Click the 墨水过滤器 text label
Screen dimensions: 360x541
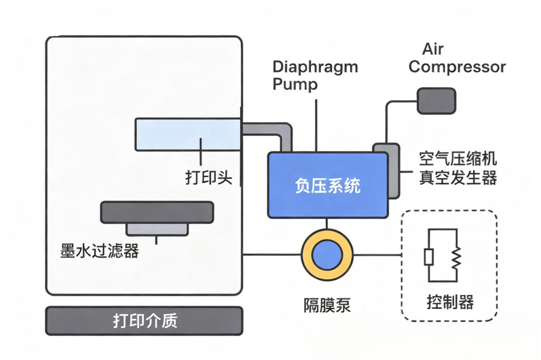point(100,251)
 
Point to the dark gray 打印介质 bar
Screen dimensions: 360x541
point(144,321)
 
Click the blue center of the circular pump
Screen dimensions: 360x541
point(327,255)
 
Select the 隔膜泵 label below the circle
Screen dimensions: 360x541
point(327,305)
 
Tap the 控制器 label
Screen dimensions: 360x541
point(450,302)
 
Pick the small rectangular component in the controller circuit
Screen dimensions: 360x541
point(428,257)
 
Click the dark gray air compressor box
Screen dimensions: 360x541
point(436,101)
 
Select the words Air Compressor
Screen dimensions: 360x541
point(457,59)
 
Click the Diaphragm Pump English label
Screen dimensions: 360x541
point(315,75)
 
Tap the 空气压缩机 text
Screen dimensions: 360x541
point(458,159)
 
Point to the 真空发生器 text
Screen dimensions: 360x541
point(458,178)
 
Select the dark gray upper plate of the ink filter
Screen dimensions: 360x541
point(157,212)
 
